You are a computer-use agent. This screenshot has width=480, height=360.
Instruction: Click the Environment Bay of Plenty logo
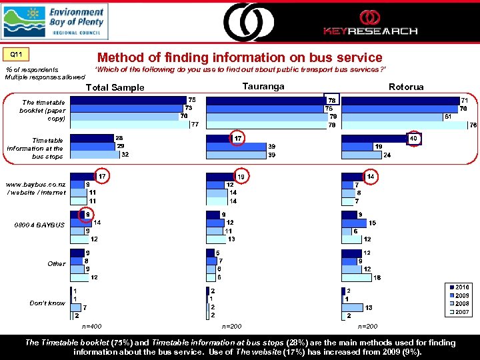click(x=54, y=21)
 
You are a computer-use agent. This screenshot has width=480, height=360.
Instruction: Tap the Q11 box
click(x=16, y=54)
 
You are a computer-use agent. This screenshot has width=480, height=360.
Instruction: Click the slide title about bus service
click(x=239, y=58)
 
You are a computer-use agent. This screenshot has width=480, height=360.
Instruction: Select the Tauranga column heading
click(x=263, y=87)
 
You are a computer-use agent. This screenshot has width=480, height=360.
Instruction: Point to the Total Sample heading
click(x=115, y=88)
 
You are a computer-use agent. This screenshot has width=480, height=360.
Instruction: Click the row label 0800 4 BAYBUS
click(x=43, y=225)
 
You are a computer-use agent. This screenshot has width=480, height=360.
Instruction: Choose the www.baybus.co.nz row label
click(x=36, y=188)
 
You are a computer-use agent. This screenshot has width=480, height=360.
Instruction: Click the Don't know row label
click(x=47, y=303)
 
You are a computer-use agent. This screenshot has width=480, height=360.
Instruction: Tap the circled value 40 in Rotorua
click(x=413, y=138)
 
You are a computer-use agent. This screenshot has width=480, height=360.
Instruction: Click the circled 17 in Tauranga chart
click(x=238, y=138)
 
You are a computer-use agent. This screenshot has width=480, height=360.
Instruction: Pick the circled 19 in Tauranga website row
click(x=241, y=177)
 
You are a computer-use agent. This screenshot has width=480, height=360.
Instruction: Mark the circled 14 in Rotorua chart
click(x=371, y=177)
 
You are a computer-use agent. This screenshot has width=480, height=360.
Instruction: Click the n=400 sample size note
click(x=91, y=327)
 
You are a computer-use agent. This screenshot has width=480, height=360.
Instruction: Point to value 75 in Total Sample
click(x=192, y=99)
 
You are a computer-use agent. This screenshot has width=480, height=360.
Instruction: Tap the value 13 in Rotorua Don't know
click(x=369, y=307)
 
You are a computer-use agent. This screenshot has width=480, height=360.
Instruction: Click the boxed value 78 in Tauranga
click(x=331, y=100)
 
